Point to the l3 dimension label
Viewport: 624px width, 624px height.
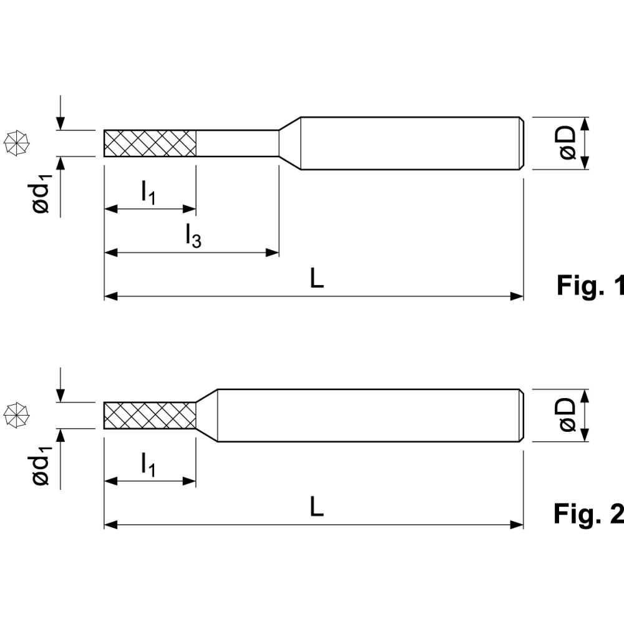[193, 235]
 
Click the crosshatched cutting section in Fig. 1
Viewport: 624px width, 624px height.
[150, 143]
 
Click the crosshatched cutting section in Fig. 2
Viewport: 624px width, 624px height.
[150, 415]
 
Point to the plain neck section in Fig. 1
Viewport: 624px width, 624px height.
[237, 143]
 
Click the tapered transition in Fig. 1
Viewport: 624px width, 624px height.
[289, 143]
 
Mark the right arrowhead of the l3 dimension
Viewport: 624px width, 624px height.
[273, 253]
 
